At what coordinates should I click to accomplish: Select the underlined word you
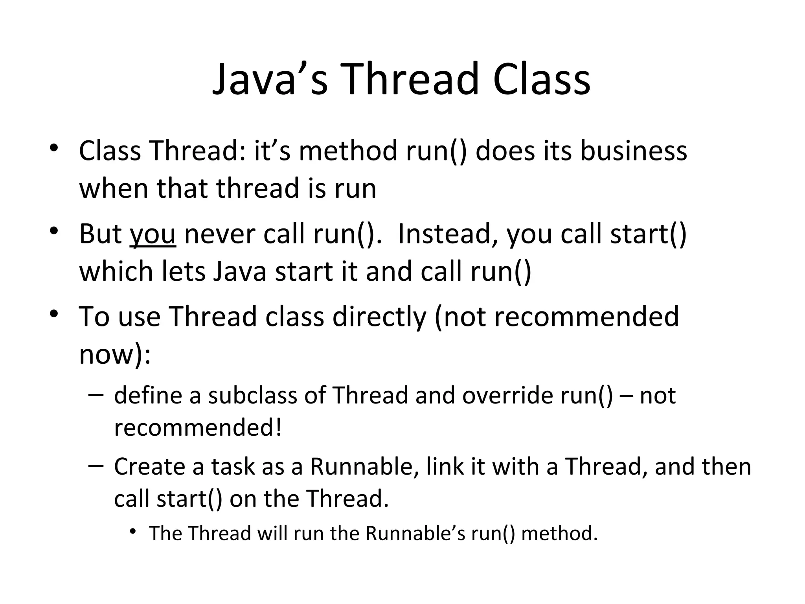pos(153,234)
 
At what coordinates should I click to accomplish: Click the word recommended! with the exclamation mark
pos(198,428)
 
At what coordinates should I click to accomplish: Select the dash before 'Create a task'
pos(96,466)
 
